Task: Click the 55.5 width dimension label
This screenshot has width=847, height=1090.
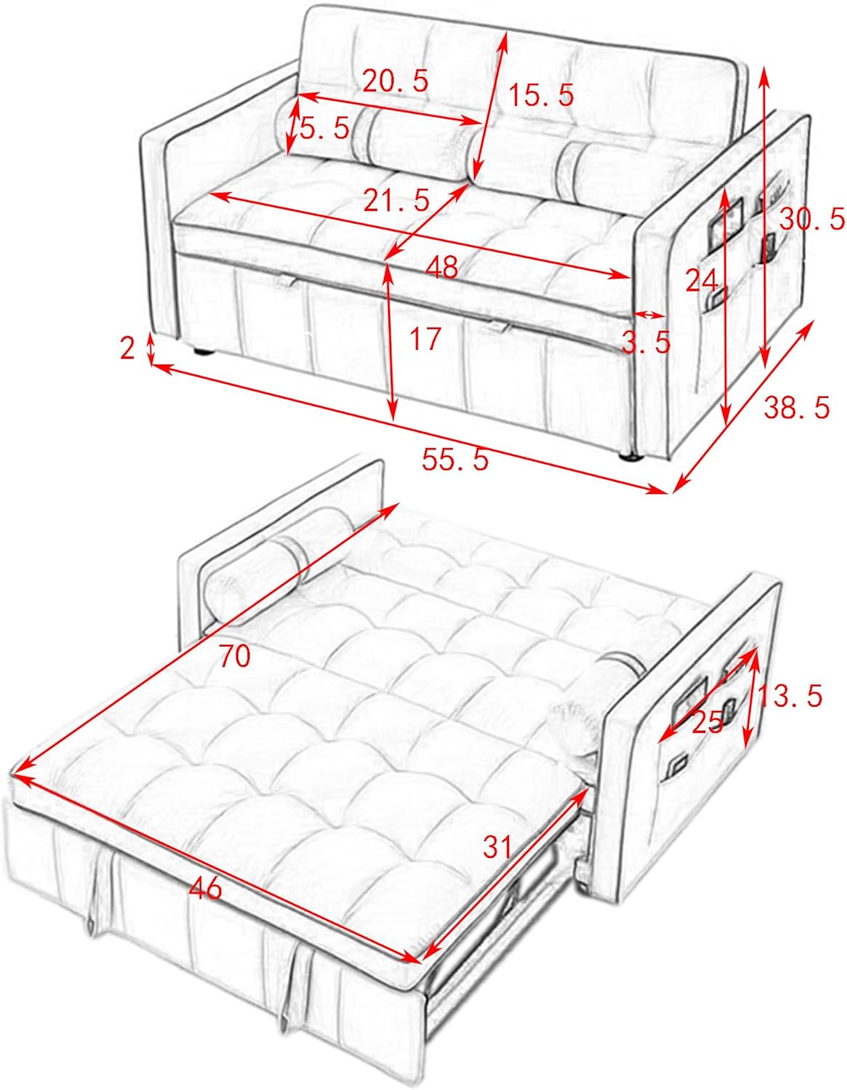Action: (455, 459)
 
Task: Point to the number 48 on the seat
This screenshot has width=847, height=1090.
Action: (442, 267)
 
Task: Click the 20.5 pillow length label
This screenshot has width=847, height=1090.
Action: (396, 81)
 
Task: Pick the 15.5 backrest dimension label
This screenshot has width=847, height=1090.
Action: (541, 94)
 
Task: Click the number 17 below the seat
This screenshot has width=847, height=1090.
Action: (425, 338)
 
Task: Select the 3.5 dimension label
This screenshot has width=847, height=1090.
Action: (646, 341)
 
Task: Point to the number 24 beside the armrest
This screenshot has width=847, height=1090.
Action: (701, 280)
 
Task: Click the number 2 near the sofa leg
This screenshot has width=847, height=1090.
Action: (128, 349)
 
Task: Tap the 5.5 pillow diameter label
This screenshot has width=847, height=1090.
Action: (324, 129)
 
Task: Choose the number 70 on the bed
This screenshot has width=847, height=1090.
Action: (234, 656)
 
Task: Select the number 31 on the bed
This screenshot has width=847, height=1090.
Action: (497, 846)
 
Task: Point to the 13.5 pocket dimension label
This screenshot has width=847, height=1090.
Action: (790, 695)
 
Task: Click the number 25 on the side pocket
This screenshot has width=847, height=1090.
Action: (707, 722)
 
